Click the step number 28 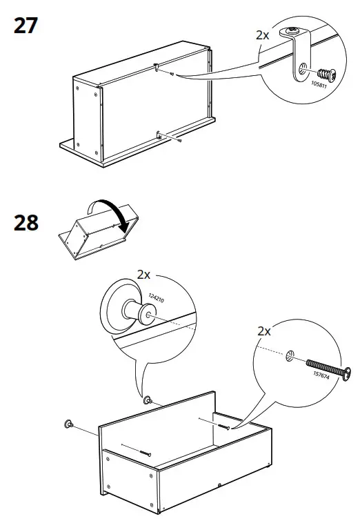(26, 224)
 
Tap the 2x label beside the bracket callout (262, 35)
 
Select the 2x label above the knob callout (143, 275)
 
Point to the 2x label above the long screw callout (263, 332)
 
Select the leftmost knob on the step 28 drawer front (68, 424)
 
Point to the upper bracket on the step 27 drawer (158, 67)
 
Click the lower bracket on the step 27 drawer (159, 136)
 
